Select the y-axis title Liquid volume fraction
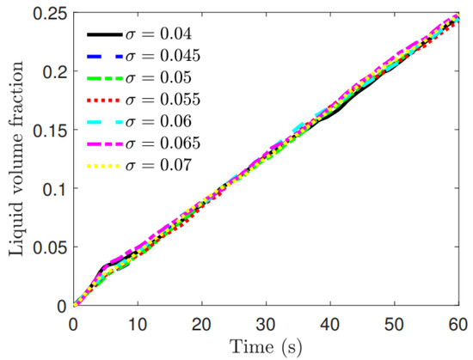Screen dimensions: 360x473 point(15,159)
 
